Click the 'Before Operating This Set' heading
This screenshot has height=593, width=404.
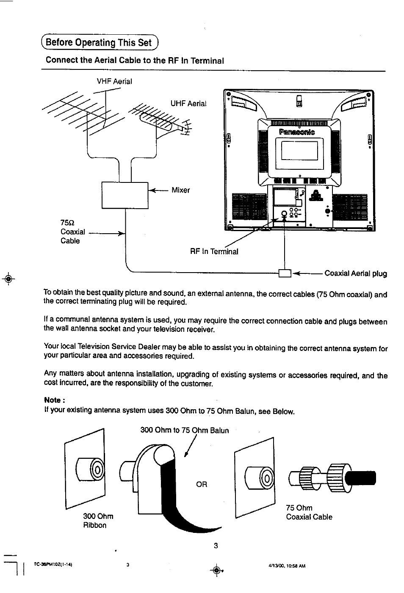click(99, 42)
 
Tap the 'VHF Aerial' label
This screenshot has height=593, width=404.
click(114, 81)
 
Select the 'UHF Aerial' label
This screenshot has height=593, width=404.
click(188, 103)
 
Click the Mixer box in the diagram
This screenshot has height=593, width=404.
click(125, 195)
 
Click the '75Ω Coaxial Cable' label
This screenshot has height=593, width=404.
click(72, 232)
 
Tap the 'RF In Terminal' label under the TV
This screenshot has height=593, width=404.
click(214, 251)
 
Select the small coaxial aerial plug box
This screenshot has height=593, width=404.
click(285, 273)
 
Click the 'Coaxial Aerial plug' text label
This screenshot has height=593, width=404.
click(355, 273)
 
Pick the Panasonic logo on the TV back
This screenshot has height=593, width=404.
click(297, 132)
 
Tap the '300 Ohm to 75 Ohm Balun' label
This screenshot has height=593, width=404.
click(184, 430)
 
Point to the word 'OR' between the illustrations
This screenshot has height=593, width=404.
click(202, 484)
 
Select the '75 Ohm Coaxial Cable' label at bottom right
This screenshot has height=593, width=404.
click(309, 512)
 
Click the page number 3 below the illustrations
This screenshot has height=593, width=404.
click(216, 546)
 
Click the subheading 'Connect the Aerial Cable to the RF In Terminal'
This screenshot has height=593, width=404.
click(135, 60)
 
